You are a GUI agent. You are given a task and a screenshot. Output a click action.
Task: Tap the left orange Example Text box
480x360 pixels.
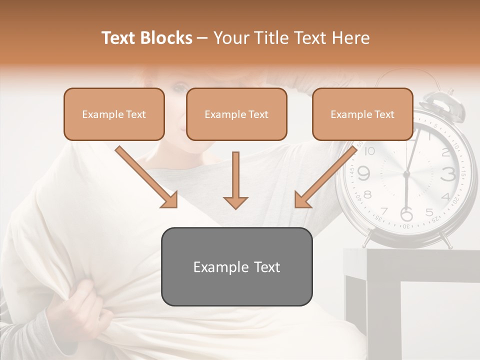[114, 114]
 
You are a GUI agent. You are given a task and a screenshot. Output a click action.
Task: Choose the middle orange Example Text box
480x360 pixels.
[236, 114]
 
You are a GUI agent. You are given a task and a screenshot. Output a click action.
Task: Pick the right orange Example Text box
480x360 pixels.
[362, 114]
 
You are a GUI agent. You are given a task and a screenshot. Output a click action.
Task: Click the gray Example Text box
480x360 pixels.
[236, 266]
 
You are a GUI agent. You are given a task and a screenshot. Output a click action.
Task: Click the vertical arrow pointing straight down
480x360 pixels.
[235, 180]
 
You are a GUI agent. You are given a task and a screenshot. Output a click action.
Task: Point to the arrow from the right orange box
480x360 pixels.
[326, 176]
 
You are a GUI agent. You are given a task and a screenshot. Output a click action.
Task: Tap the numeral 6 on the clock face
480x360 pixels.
[406, 214]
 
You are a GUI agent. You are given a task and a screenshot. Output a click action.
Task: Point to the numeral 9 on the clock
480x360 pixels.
[364, 173]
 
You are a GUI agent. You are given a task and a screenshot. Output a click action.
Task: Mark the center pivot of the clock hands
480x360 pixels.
[406, 173]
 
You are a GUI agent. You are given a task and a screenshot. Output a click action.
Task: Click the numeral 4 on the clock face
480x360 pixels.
[445, 195]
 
